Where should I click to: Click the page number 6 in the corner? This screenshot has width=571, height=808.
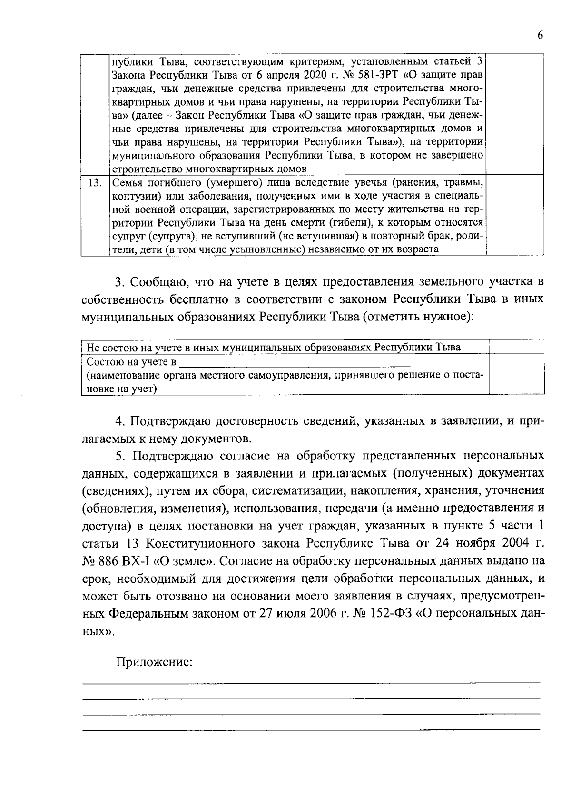[x=540, y=36]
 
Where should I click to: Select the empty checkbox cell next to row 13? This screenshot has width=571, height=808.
[x=515, y=215]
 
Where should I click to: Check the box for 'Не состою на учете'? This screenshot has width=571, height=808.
[x=517, y=347]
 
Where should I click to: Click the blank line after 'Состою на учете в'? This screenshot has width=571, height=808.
[x=295, y=363]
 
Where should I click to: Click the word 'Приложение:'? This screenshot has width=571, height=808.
[x=154, y=662]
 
